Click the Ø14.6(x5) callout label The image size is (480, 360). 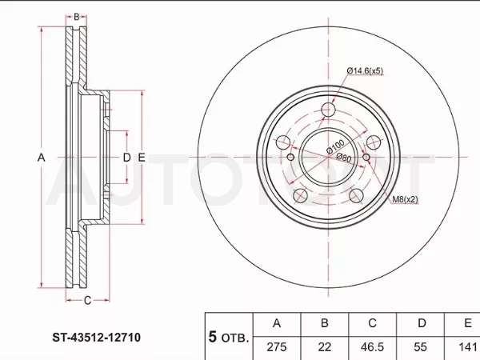(365, 70)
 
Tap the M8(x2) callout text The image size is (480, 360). (405, 199)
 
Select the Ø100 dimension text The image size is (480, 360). (335, 146)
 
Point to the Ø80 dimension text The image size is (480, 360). (344, 158)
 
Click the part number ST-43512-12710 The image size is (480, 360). (97, 338)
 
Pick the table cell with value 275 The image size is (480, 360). (277, 347)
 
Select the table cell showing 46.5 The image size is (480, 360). (372, 347)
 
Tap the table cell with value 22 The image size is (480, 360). (325, 347)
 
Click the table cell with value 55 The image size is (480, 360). (420, 347)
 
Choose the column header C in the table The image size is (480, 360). (372, 323)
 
